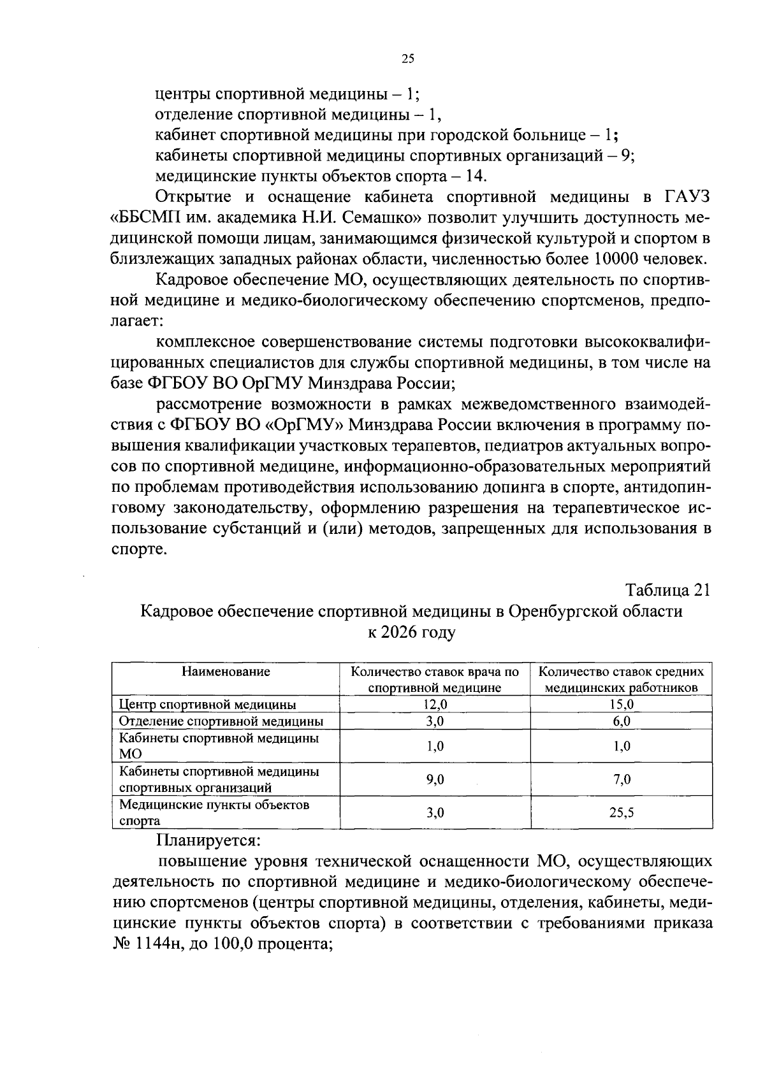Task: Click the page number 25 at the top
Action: (408, 59)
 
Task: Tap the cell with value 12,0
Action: (435, 704)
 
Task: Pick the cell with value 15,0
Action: (622, 704)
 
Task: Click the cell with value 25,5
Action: (622, 812)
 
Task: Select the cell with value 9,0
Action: (435, 779)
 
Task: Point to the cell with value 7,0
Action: (622, 779)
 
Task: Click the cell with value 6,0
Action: (622, 721)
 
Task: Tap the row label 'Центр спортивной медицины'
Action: (208, 705)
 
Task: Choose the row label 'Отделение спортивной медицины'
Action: (221, 721)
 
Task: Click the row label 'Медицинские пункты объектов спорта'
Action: (214, 812)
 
